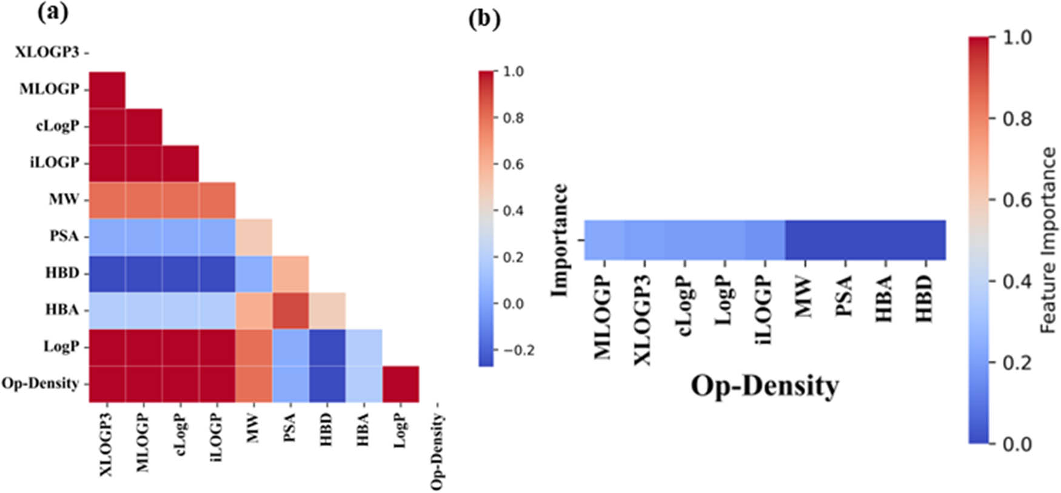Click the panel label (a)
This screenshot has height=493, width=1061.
click(53, 13)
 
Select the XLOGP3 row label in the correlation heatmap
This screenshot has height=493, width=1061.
click(47, 52)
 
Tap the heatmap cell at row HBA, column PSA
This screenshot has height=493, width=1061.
click(290, 310)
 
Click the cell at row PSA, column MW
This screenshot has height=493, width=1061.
click(253, 236)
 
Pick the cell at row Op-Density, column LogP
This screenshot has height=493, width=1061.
click(400, 384)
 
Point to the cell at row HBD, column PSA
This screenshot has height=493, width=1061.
click(290, 273)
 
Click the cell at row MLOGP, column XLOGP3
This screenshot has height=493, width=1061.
click(107, 90)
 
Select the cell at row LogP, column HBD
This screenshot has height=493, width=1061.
click(327, 347)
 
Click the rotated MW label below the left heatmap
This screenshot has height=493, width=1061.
click(253, 428)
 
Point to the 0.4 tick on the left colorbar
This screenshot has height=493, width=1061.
click(513, 211)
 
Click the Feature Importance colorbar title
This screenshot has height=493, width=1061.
click(1048, 240)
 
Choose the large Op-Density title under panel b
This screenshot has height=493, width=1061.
click(765, 386)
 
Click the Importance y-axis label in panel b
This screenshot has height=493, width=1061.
click(559, 240)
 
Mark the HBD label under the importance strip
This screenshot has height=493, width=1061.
click(924, 298)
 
